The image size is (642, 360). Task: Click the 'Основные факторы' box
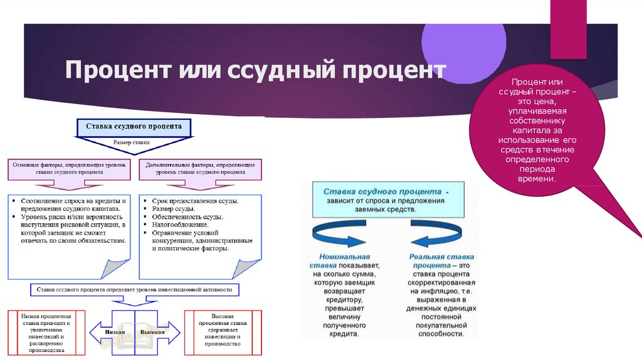coord(70,167)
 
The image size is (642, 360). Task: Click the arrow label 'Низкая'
coord(115,332)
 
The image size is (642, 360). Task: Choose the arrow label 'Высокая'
coord(152,332)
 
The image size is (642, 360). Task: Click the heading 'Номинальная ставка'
coord(344,261)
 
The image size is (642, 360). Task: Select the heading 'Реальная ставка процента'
coord(441,261)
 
